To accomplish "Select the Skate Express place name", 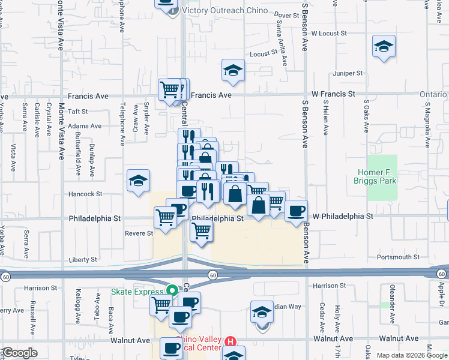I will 138,292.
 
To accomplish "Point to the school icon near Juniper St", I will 382,47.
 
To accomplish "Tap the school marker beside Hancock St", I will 137,181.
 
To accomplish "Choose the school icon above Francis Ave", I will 232,71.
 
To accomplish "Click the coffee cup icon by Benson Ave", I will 296,211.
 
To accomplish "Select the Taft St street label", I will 78,112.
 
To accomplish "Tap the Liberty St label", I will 83,260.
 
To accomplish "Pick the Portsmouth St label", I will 398,257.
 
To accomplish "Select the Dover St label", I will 286,14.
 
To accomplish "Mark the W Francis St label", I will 333,94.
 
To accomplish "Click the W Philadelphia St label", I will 343,215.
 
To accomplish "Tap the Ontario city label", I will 433,94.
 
